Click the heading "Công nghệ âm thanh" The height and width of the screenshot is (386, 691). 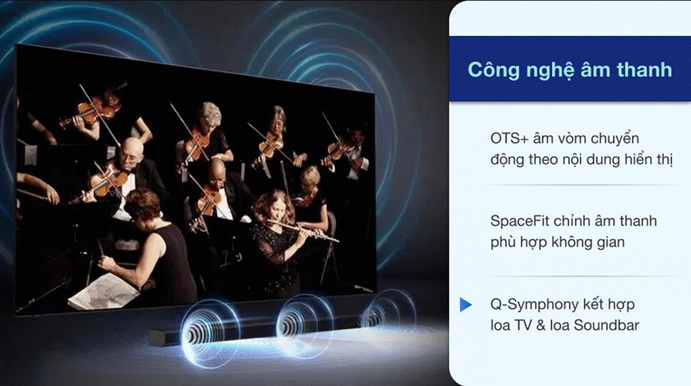(570, 70)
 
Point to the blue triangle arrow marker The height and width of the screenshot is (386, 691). (465, 305)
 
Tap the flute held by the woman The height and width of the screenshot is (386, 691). (303, 232)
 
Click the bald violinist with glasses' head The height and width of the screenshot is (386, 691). (131, 152)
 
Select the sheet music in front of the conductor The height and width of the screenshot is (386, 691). (104, 291)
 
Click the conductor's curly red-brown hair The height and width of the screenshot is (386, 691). (142, 204)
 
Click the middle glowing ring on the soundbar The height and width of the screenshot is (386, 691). (304, 326)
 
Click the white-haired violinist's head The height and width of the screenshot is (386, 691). (209, 116)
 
